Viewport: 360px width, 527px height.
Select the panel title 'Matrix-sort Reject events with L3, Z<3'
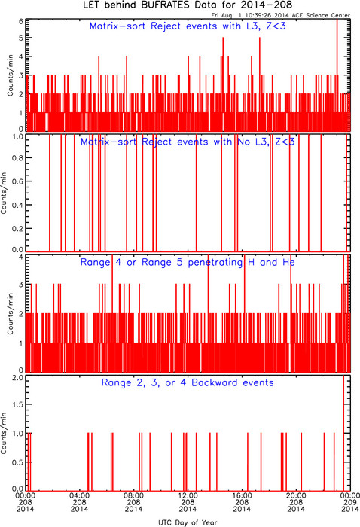188,26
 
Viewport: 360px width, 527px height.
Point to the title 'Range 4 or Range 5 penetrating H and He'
188,262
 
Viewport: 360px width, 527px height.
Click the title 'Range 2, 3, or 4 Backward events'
188,382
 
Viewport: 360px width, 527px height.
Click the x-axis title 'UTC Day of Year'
188,522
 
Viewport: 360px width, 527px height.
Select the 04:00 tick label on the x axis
79,495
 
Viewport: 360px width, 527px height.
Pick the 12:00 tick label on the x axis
188,495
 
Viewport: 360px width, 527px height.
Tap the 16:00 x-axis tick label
242,495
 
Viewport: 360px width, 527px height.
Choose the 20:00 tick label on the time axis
296,495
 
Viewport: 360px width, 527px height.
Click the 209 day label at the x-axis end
350,502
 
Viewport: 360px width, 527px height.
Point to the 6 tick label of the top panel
21,21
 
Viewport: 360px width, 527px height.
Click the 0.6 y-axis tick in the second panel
18,181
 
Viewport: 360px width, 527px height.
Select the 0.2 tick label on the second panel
18,229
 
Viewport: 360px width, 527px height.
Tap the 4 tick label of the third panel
21,257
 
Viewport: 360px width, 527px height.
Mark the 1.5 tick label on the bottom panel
18,404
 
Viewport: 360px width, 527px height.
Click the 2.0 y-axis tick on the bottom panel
18,378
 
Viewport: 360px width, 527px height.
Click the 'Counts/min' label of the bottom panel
4,433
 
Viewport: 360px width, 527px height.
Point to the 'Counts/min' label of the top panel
11,75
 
